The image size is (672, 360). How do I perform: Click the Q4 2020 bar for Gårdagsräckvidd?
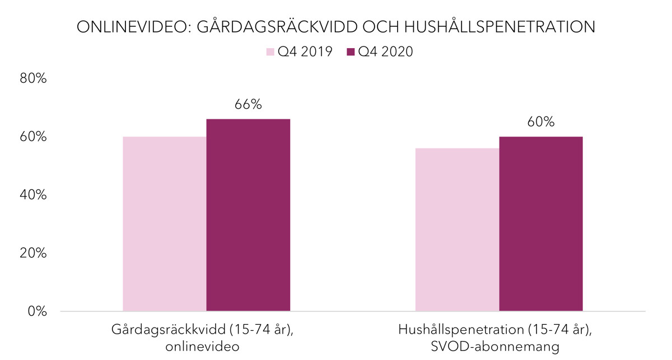pos(248,215)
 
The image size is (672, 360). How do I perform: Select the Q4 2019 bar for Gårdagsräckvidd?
pos(165,224)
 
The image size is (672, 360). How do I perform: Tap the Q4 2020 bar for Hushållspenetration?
pos(540,224)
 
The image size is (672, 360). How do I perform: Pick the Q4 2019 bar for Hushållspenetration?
pos(457,230)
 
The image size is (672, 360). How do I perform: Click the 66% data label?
pos(248,105)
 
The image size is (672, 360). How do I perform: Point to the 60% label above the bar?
pos(540,122)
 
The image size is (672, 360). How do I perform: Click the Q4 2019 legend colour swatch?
pos(270,52)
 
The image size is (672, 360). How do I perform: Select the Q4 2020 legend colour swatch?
pos(351,52)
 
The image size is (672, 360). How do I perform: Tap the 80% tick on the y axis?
pos(33,78)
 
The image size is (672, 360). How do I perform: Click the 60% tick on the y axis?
pos(33,137)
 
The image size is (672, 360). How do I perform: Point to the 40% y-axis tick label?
pos(33,195)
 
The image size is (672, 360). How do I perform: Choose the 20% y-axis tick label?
pos(33,253)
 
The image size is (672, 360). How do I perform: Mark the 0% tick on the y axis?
pos(37,311)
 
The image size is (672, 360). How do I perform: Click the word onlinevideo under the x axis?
pos(202,347)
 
